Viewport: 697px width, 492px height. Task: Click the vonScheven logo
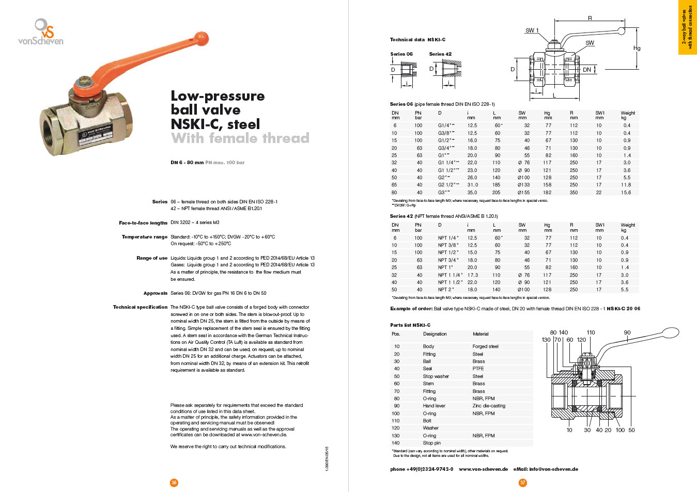click(41, 32)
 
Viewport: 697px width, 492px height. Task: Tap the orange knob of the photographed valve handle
click(202, 38)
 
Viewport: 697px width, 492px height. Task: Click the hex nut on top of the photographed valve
click(83, 82)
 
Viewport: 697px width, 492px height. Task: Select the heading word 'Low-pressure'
click(218, 96)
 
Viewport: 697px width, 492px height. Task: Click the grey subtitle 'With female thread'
click(240, 138)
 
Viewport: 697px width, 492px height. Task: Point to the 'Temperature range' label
click(145, 237)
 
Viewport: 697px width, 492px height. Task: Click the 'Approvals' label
click(156, 293)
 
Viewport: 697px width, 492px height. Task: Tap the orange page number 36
click(174, 483)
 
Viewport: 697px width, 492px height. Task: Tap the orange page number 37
click(523, 483)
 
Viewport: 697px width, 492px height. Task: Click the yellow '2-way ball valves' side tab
click(687, 27)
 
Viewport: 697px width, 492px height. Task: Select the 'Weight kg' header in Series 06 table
click(628, 115)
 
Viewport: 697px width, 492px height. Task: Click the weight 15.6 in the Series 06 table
click(626, 193)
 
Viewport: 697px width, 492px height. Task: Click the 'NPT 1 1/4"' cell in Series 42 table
click(451, 275)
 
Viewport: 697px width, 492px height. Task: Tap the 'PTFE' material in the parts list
click(478, 369)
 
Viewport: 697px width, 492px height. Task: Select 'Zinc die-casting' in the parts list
click(489, 406)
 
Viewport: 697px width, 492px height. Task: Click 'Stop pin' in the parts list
click(432, 443)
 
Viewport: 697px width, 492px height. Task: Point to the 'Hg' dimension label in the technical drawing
click(637, 49)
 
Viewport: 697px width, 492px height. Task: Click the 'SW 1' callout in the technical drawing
click(532, 30)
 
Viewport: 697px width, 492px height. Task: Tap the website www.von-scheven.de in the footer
click(483, 469)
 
